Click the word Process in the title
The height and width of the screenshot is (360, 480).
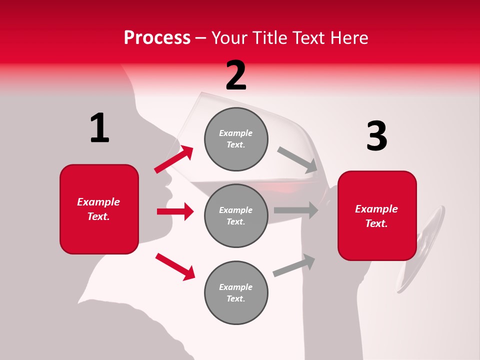pyautogui.click(x=157, y=38)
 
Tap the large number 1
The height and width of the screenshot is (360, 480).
pyautogui.click(x=99, y=128)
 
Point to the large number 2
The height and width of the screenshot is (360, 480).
pyautogui.click(x=236, y=75)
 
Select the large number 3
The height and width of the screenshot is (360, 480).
pyautogui.click(x=376, y=136)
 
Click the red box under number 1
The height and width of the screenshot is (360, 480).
pyautogui.click(x=99, y=209)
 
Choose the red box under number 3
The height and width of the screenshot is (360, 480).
pyautogui.click(x=377, y=215)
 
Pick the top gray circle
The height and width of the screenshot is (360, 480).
pyautogui.click(x=236, y=139)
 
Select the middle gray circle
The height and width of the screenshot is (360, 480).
pyautogui.click(x=236, y=215)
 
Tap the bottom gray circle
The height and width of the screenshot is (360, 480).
pyautogui.click(x=236, y=292)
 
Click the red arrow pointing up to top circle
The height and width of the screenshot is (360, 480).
pyautogui.click(x=174, y=159)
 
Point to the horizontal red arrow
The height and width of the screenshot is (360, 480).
pyautogui.click(x=175, y=211)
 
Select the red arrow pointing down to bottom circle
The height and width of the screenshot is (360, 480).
pyautogui.click(x=175, y=266)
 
